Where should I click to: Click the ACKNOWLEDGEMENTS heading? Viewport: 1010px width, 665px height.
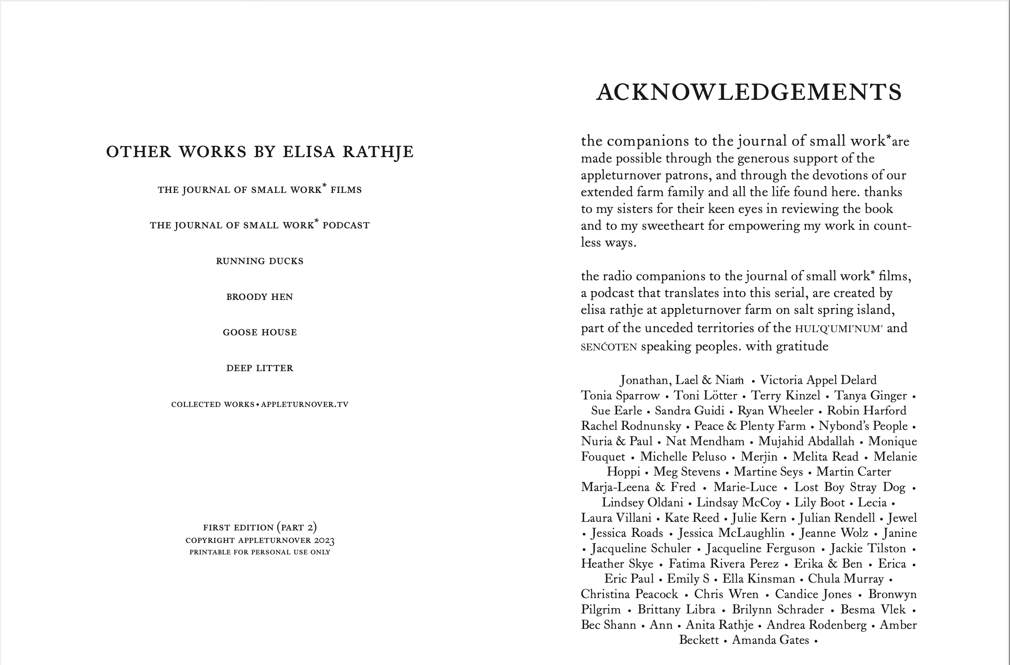point(749,92)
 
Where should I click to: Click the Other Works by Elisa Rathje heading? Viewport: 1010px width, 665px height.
point(260,151)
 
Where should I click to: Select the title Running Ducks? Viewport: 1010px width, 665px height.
point(260,261)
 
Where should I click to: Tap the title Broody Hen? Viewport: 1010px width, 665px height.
point(260,297)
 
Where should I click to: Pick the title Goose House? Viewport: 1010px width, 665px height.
point(260,332)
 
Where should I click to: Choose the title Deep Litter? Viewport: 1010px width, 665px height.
point(260,368)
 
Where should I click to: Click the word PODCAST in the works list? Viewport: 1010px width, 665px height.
point(346,225)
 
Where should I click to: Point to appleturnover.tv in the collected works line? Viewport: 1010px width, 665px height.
point(304,404)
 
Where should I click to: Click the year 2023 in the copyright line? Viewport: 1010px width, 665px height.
point(324,541)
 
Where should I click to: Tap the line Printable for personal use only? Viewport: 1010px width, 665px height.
point(260,552)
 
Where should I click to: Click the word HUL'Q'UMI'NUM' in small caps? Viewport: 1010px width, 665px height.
point(839,329)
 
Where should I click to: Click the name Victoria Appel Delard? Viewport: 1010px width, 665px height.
point(818,380)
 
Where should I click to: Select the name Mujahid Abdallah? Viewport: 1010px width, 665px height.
point(806,441)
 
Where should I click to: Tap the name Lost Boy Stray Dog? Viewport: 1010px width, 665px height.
point(850,487)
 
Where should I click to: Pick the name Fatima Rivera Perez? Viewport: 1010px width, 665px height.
point(724,564)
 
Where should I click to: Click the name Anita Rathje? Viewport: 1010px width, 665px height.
point(719,625)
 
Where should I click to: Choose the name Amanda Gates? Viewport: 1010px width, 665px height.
point(770,640)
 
